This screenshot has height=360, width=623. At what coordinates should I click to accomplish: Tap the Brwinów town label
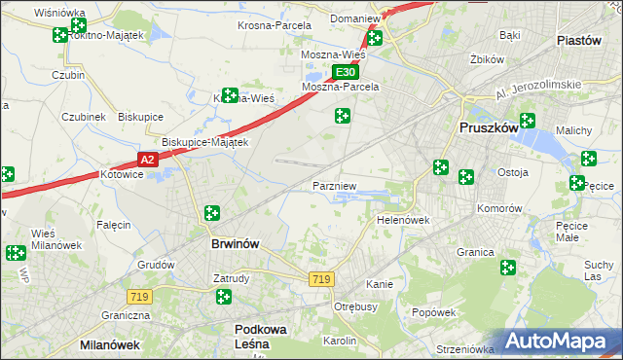pos(235,244)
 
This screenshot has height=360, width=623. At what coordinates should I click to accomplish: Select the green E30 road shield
pos(345,72)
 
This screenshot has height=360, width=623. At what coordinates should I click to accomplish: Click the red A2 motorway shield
pos(146,159)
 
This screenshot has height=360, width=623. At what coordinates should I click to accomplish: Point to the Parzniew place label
pos(335,184)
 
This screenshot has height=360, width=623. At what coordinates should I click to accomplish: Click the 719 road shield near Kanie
pos(321,279)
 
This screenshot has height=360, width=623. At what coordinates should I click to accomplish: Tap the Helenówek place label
pos(403,220)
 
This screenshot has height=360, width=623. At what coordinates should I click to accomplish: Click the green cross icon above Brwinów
pos(212,213)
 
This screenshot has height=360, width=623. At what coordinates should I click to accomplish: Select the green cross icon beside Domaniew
pos(374,38)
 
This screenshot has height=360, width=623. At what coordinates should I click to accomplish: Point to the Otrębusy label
pos(355,306)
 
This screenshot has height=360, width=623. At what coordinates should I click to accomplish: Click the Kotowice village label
pos(123,175)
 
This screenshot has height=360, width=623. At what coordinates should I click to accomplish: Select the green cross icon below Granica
pos(507,268)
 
